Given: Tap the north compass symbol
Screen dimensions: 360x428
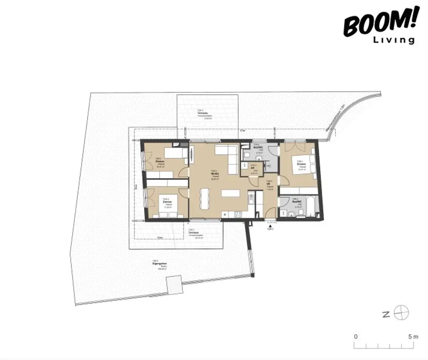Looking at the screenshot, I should (x=401, y=312).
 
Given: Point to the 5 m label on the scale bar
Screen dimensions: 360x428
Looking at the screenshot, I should (x=414, y=336).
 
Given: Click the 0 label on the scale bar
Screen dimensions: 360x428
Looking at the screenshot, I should (x=356, y=336).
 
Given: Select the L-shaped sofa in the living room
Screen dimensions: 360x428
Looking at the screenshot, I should (x=228, y=158).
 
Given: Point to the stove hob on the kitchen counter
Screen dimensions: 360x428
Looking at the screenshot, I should (x=238, y=215).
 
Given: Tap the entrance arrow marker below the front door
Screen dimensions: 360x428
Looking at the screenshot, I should (x=270, y=226).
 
